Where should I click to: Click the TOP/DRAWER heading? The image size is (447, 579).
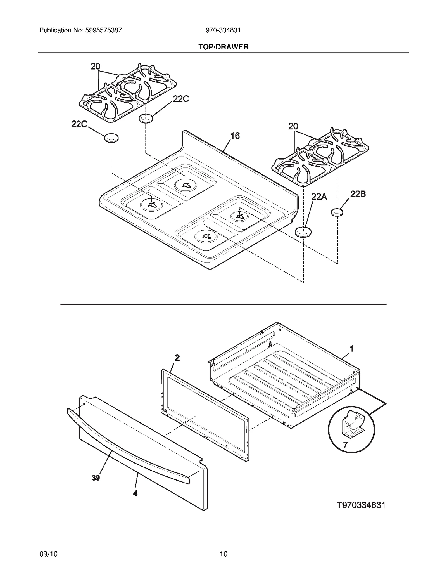[x=223, y=47]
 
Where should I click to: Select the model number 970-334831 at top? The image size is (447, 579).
[x=223, y=30]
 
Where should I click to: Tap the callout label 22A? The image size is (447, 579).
[x=319, y=197]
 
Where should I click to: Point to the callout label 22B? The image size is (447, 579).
[x=358, y=194]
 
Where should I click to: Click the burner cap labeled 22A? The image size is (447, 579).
[x=303, y=232]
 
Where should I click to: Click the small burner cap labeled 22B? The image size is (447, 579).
[x=337, y=212]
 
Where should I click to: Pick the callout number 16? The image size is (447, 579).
[x=235, y=136]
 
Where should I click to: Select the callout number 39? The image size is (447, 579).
[x=96, y=478]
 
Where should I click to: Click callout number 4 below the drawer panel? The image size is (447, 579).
[x=135, y=493]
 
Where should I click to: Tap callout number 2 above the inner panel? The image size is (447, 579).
[x=177, y=358]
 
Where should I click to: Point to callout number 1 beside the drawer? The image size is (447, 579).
[x=352, y=349]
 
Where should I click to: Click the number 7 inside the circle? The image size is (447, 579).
[x=345, y=445]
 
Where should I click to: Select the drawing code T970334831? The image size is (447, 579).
[x=361, y=505]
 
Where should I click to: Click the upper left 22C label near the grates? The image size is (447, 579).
[x=181, y=99]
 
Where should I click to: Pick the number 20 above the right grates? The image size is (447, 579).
[x=293, y=126]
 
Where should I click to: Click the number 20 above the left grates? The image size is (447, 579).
[x=95, y=67]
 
